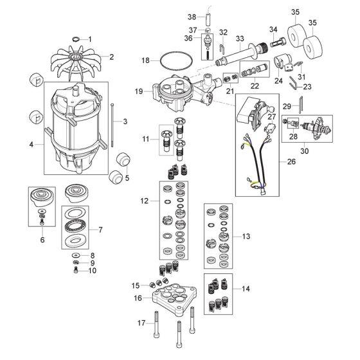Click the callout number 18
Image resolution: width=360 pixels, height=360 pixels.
(x=145, y=60)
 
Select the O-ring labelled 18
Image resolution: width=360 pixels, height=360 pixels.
(x=160, y=60)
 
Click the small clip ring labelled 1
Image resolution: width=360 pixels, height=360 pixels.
(x=76, y=39)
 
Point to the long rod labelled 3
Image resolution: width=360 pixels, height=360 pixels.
(x=113, y=125)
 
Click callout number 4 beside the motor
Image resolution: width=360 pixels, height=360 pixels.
(x=32, y=145)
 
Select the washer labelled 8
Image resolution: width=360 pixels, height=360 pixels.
(x=75, y=255)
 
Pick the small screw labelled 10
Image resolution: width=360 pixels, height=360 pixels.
(x=76, y=271)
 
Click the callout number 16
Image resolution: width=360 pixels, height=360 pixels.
(x=138, y=298)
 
